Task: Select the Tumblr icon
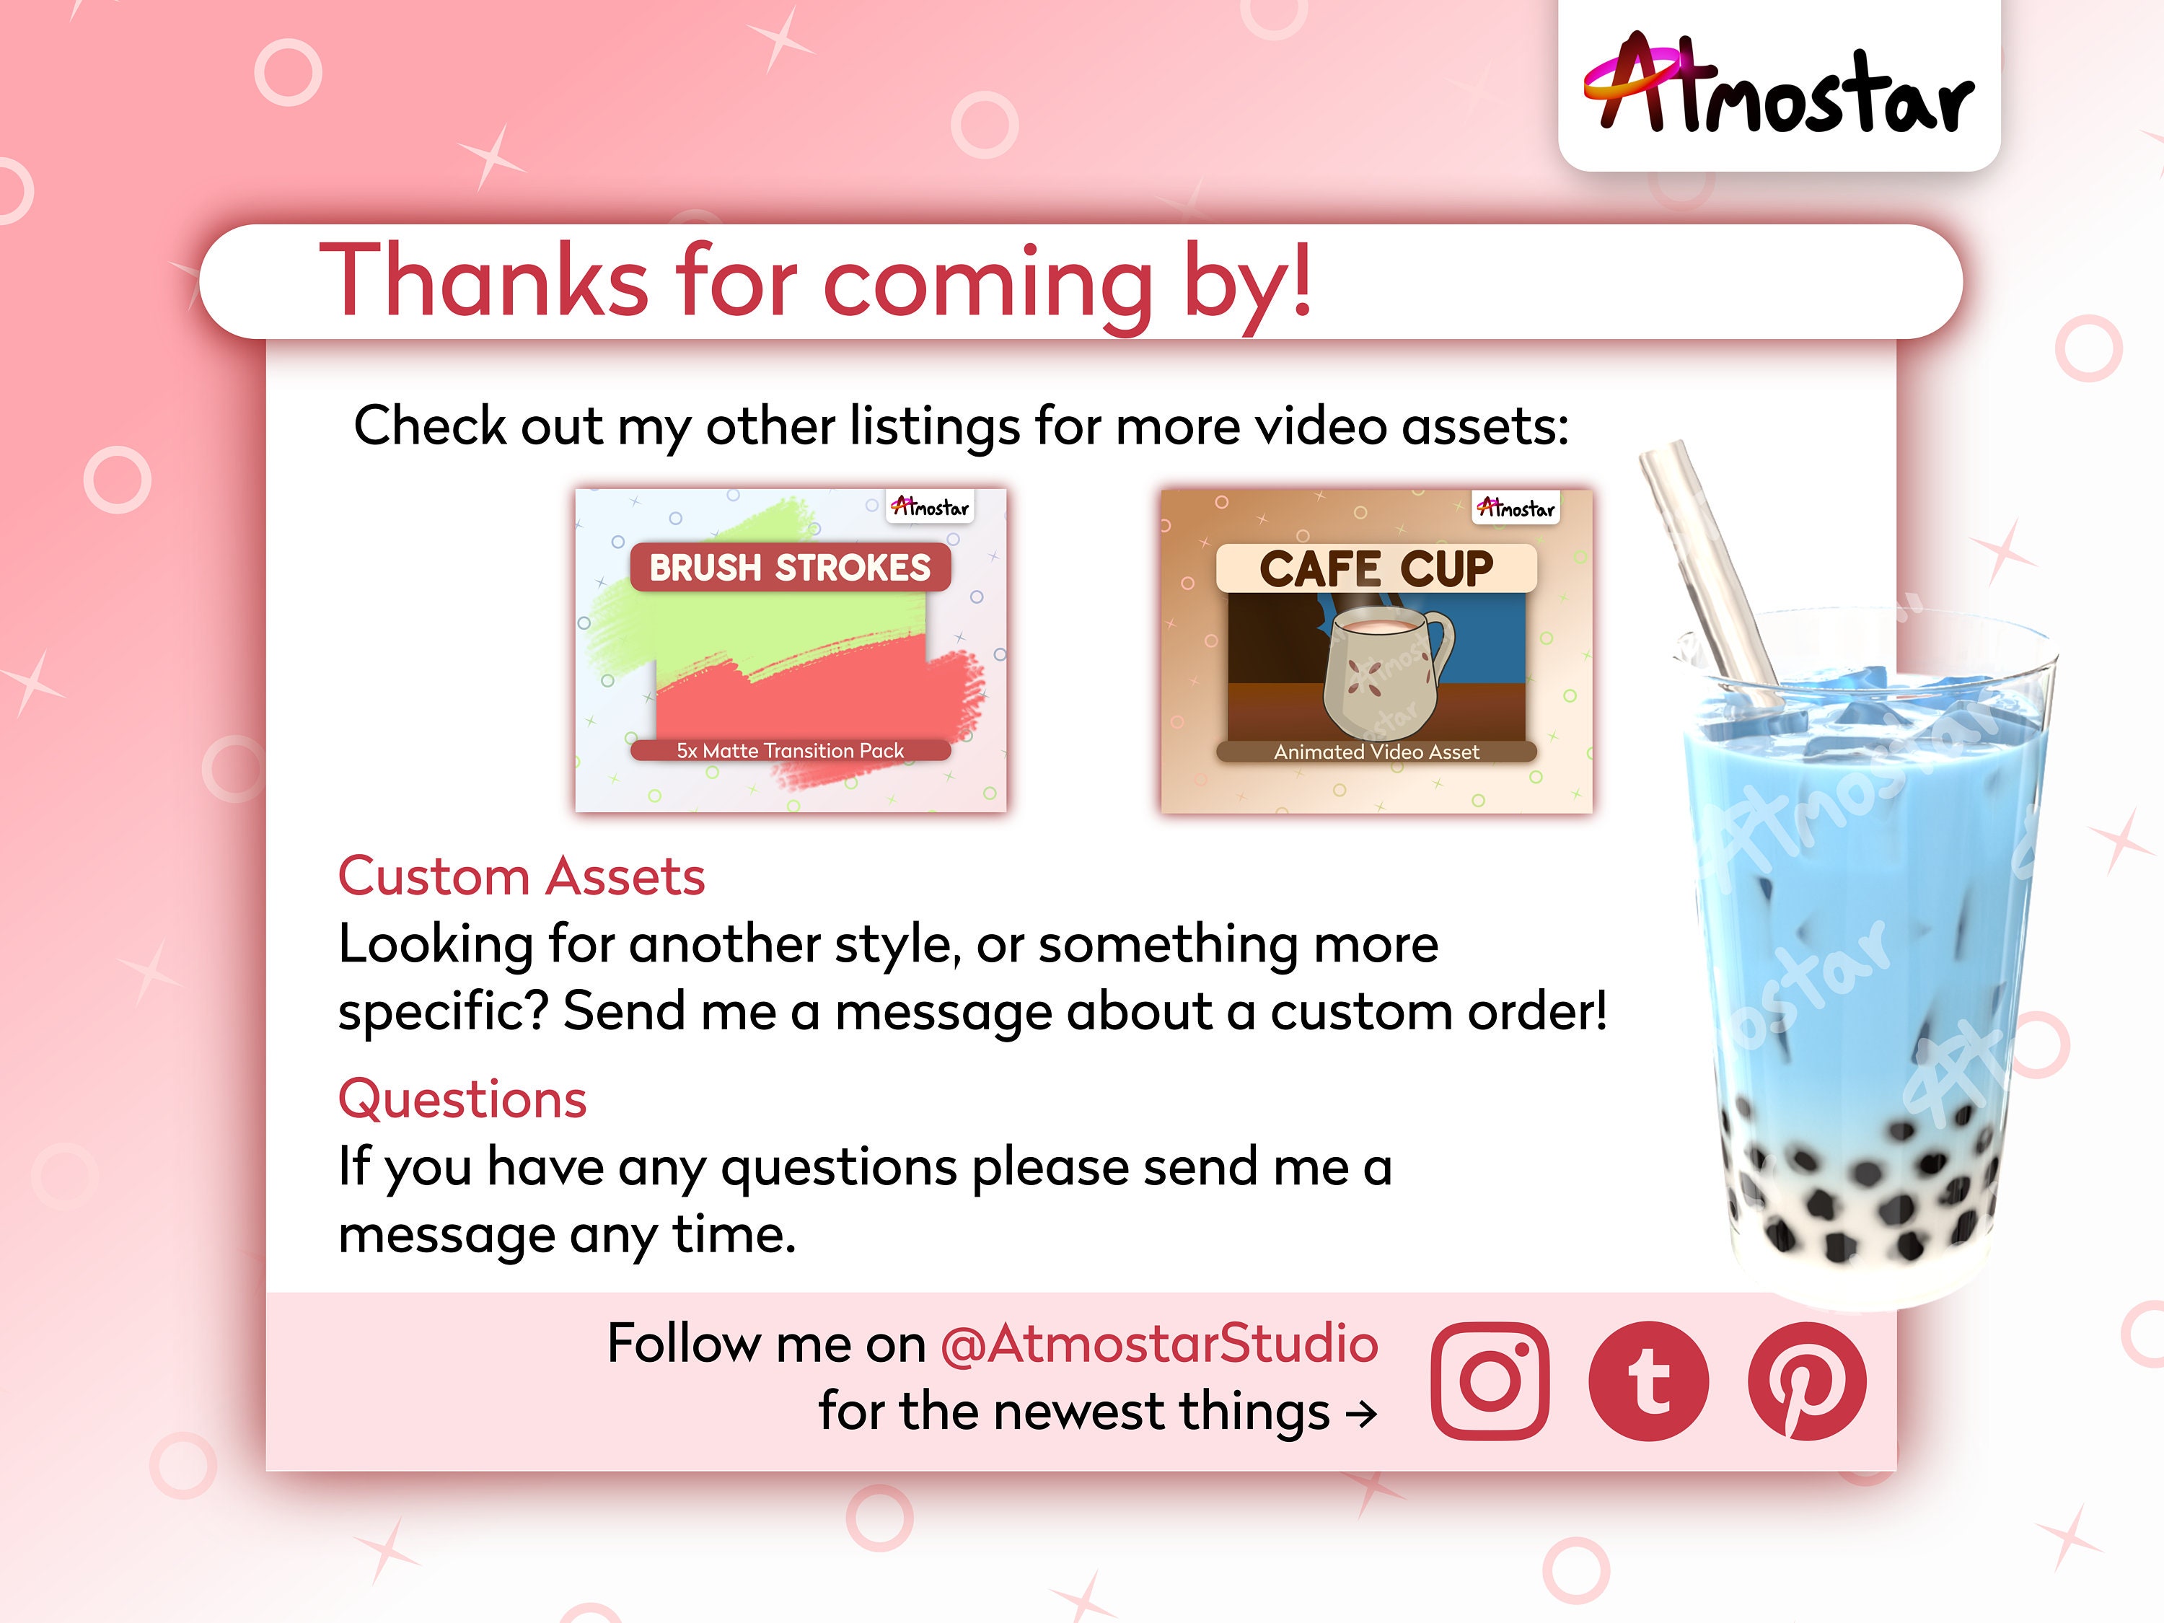pyautogui.click(x=1648, y=1381)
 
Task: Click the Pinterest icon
pyautogui.click(x=1807, y=1381)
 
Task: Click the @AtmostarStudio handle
pyautogui.click(x=1158, y=1343)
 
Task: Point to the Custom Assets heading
pyautogui.click(x=521, y=876)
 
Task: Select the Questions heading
pyautogui.click(x=462, y=1099)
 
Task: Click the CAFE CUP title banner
pyautogui.click(x=1376, y=568)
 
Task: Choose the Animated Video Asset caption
pyautogui.click(x=1376, y=752)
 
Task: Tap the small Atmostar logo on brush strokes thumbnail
pyautogui.click(x=929, y=507)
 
